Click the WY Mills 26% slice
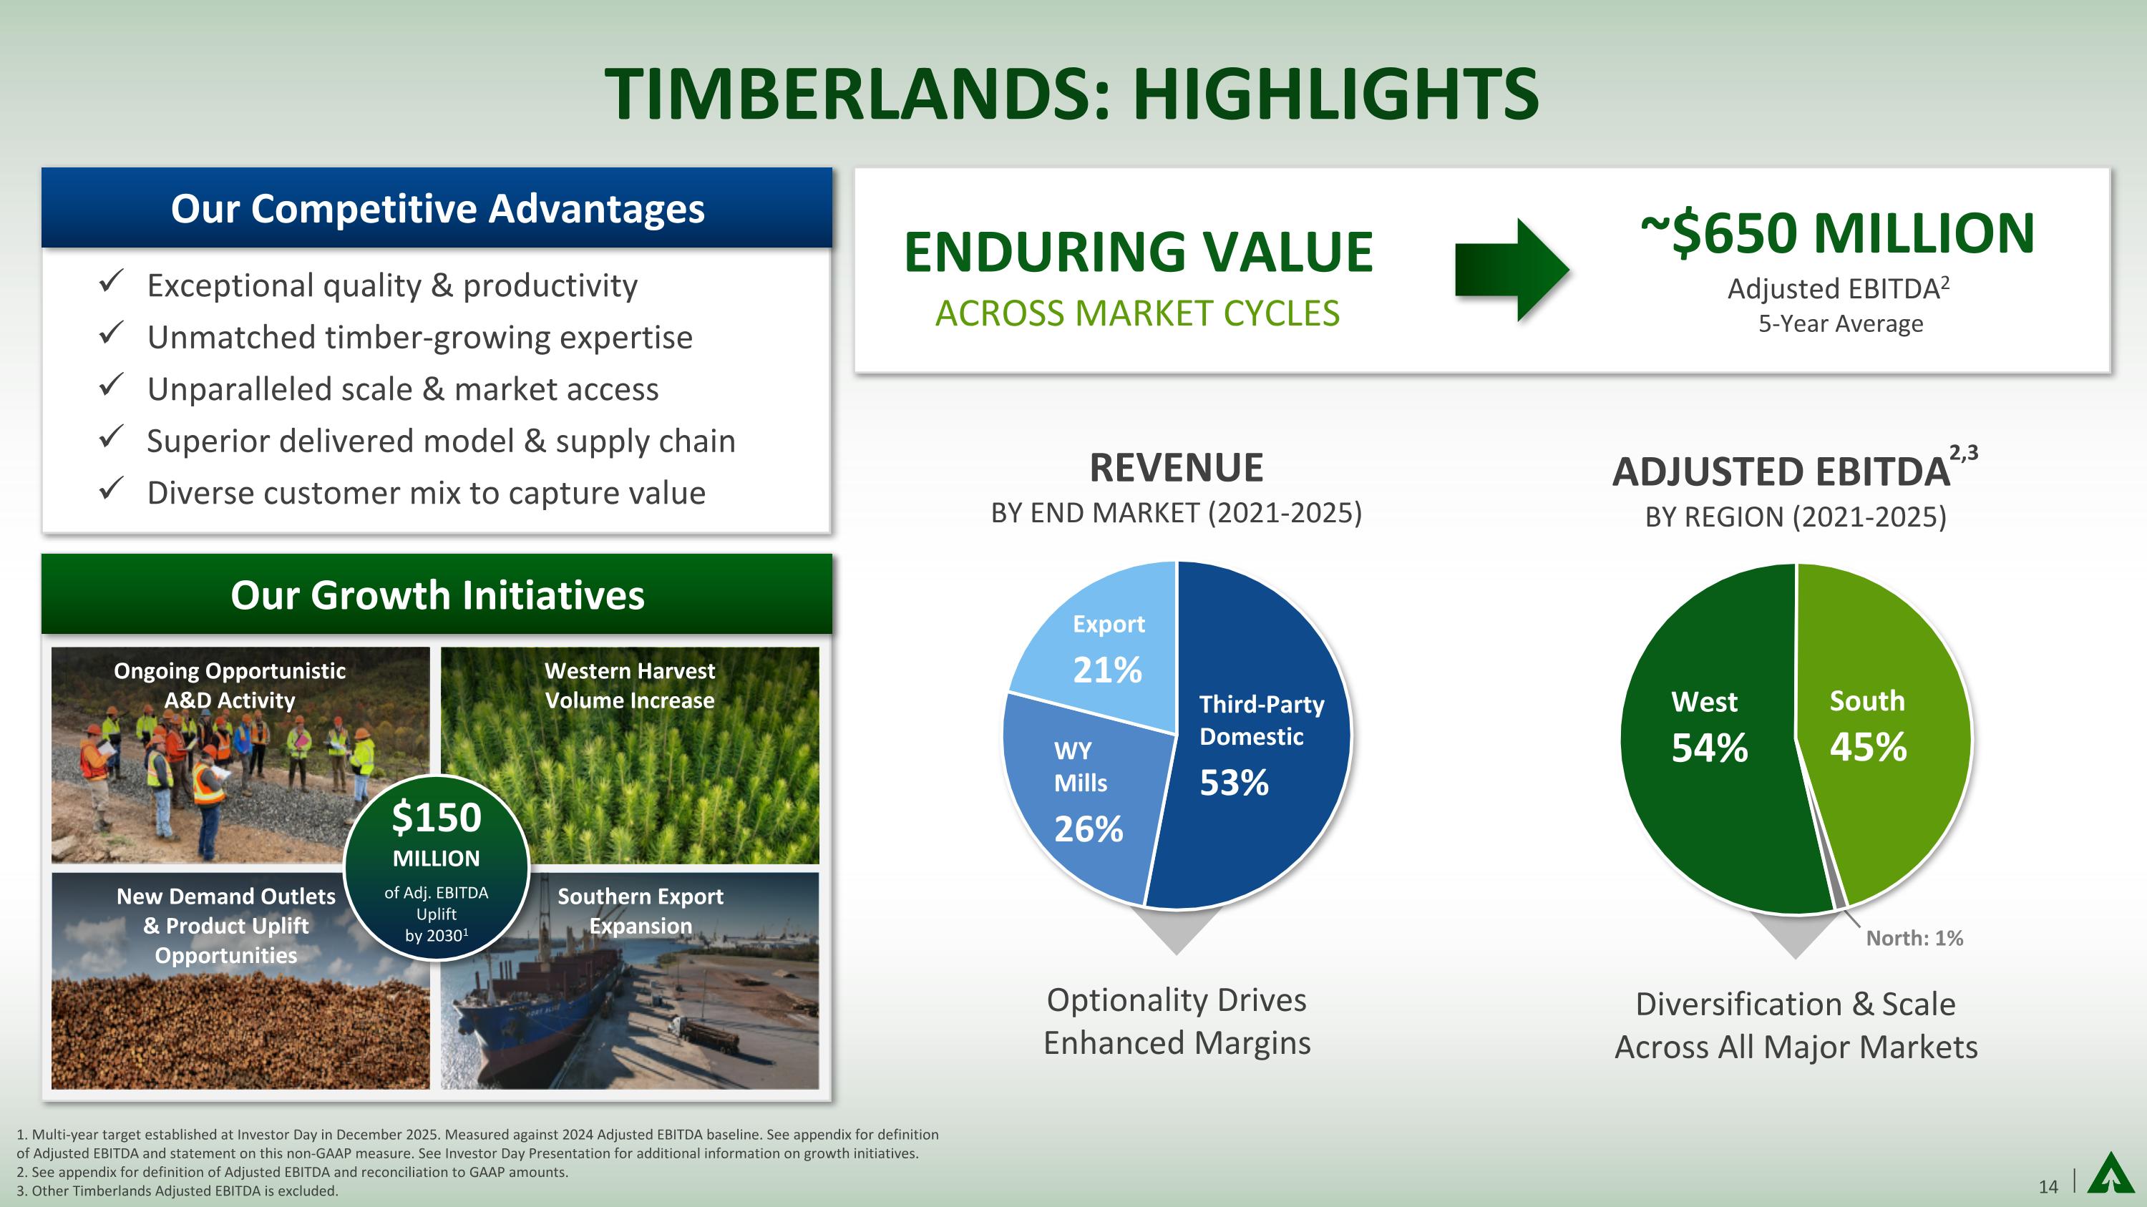click(x=1079, y=800)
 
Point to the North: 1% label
click(x=1914, y=938)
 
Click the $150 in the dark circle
click(x=436, y=817)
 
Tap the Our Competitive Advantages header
click(x=437, y=208)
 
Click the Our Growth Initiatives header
click(x=437, y=595)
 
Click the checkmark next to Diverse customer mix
click(x=112, y=489)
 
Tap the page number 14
click(x=2048, y=1186)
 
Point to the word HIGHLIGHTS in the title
click(x=1335, y=94)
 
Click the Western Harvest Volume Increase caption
click(x=629, y=685)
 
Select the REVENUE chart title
click(x=1176, y=467)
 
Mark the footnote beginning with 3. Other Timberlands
click(x=177, y=1191)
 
